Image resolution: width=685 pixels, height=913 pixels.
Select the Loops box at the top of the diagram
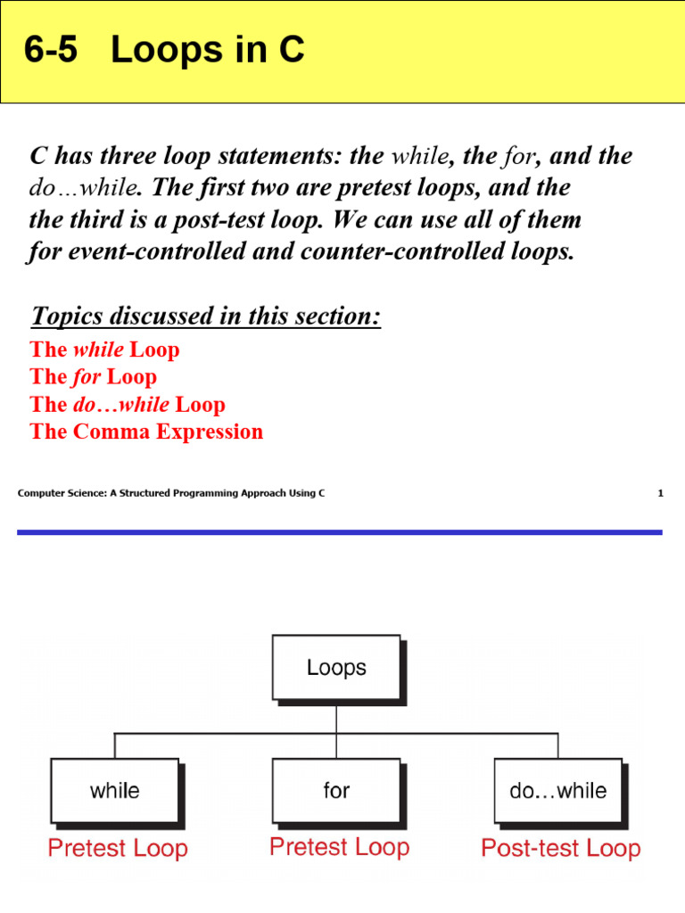(x=336, y=667)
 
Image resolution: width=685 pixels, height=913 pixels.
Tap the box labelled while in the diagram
(x=115, y=790)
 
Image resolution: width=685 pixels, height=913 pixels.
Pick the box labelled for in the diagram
(x=336, y=790)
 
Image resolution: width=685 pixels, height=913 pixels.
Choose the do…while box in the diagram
(x=557, y=790)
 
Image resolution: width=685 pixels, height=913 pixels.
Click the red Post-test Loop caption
(x=560, y=848)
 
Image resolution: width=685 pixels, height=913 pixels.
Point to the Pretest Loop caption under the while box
(x=118, y=848)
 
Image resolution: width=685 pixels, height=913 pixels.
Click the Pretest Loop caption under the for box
(x=339, y=846)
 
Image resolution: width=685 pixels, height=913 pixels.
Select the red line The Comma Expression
(x=146, y=432)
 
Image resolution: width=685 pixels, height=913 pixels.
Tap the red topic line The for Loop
(x=94, y=376)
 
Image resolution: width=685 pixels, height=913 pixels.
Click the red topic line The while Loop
(x=104, y=349)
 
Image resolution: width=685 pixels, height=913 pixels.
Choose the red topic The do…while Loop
(x=128, y=404)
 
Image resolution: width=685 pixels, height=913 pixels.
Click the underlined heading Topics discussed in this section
(x=205, y=316)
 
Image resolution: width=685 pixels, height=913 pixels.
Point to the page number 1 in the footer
(x=661, y=493)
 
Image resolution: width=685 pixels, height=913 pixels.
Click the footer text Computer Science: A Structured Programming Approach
(x=170, y=493)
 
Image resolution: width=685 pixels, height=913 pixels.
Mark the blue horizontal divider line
(x=339, y=532)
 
